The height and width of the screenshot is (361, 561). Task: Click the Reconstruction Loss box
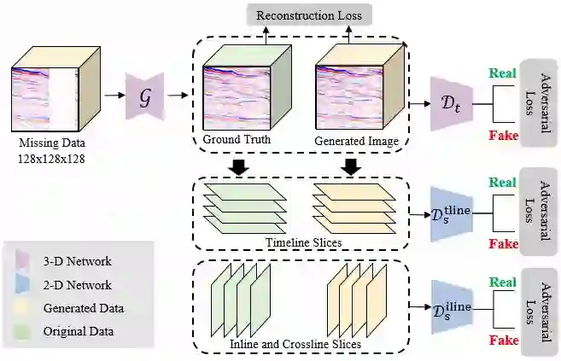pos(310,15)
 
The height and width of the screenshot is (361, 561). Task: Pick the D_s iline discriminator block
pos(447,305)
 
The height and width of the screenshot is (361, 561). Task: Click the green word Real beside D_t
pos(501,73)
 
